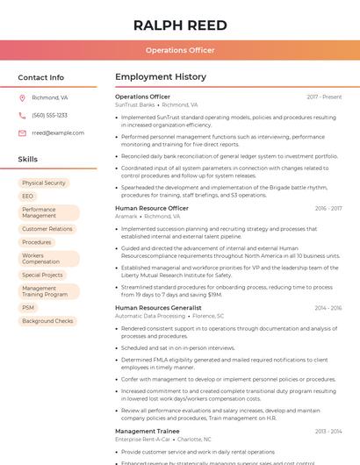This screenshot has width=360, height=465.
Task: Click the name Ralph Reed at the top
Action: click(x=180, y=25)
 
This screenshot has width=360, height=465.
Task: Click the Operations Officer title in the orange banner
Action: click(x=180, y=50)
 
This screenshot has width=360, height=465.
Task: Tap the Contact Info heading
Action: click(x=40, y=77)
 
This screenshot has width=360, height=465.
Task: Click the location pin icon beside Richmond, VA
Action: click(x=22, y=97)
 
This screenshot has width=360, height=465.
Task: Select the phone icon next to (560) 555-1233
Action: click(x=22, y=115)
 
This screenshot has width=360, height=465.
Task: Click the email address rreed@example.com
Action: click(x=58, y=132)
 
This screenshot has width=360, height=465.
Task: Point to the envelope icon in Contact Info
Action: click(x=22, y=132)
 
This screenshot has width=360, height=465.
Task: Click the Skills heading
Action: click(x=28, y=160)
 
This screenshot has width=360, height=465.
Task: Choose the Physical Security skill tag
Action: click(x=44, y=183)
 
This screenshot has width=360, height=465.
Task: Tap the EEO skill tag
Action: click(x=28, y=197)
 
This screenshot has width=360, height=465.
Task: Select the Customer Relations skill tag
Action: click(x=47, y=229)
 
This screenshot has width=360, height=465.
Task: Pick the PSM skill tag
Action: click(x=29, y=308)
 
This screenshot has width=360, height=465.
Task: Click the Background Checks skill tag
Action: click(x=47, y=321)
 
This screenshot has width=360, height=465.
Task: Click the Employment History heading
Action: click(x=161, y=77)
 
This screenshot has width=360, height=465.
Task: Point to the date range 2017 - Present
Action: click(x=324, y=97)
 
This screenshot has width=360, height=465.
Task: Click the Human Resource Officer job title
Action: click(x=152, y=208)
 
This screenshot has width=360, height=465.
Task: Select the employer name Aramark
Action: click(x=126, y=216)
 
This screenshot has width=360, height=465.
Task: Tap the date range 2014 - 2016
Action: click(x=328, y=308)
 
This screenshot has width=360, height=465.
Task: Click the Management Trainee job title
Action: click(x=148, y=431)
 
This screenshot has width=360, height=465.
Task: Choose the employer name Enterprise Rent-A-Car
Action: click(x=143, y=439)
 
